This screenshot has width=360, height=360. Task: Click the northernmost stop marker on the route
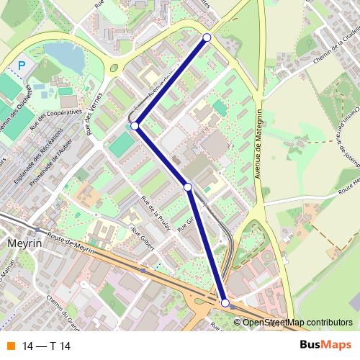pyautogui.click(x=207, y=37)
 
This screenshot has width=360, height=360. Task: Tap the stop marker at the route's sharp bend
pyautogui.click(x=135, y=125)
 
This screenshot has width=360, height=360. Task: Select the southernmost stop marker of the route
pyautogui.click(x=225, y=304)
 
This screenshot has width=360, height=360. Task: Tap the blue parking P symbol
pyautogui.click(x=22, y=66)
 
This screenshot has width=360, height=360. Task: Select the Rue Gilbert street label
pyautogui.click(x=144, y=239)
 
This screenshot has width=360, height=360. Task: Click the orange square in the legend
pyautogui.click(x=11, y=346)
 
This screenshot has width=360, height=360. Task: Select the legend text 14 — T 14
pyautogui.click(x=47, y=346)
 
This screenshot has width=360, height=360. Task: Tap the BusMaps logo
pyautogui.click(x=326, y=346)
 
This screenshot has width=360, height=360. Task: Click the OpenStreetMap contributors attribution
pyautogui.click(x=297, y=323)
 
